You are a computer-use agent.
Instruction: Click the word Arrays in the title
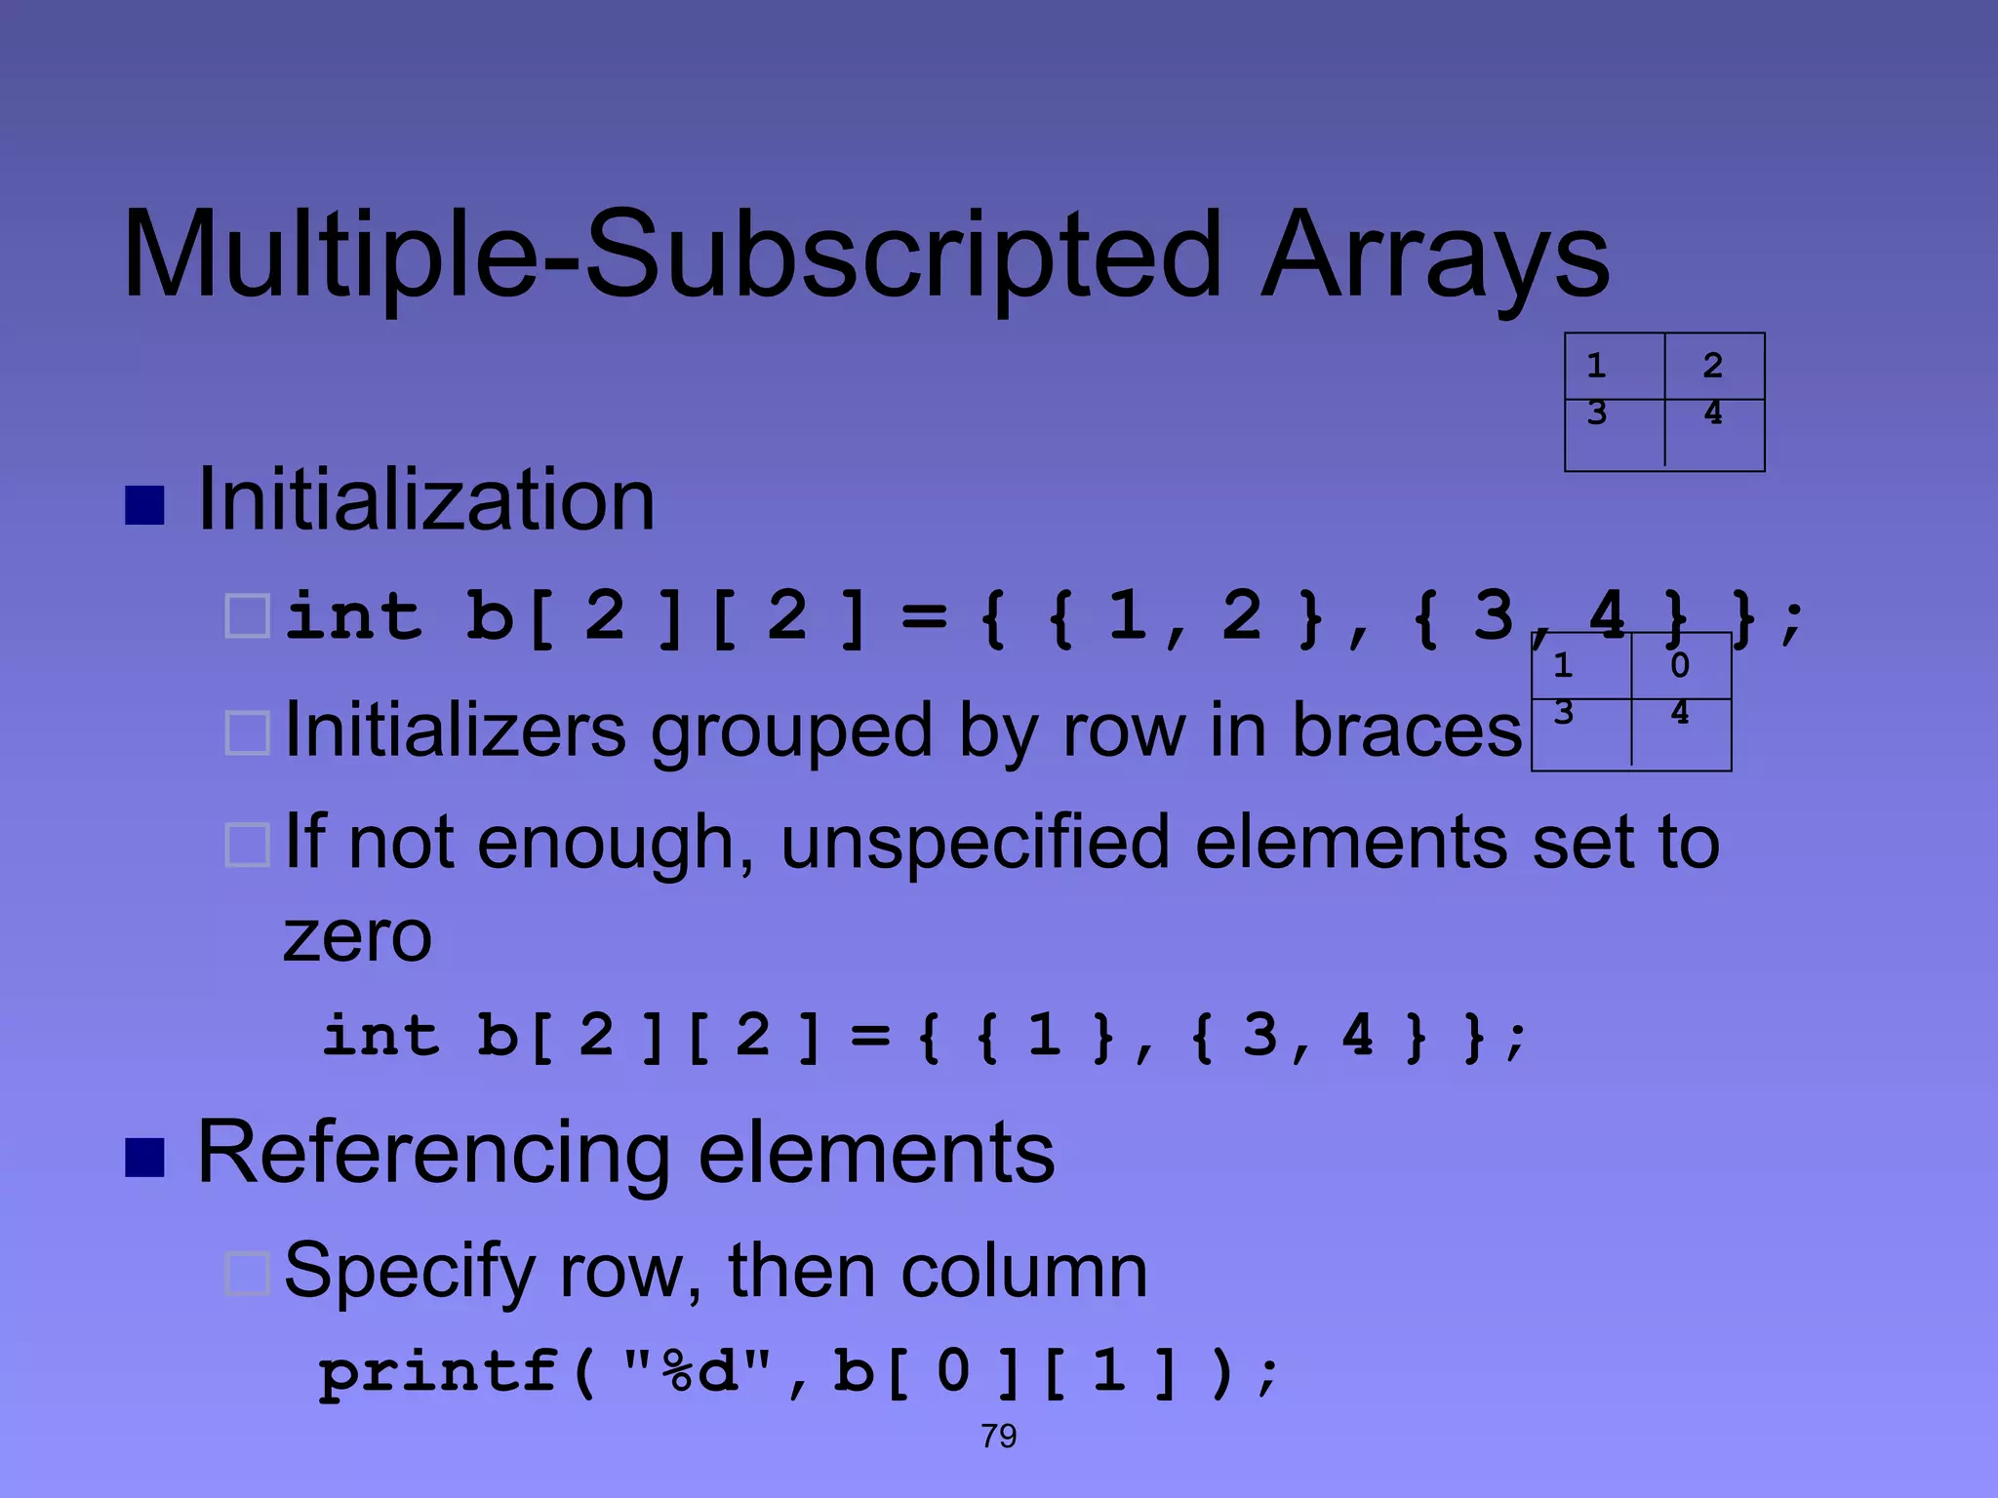[x=1434, y=256]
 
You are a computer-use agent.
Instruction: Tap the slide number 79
[x=998, y=1436]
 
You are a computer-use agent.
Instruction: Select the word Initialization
[x=425, y=500]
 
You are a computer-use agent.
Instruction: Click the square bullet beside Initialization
[x=144, y=505]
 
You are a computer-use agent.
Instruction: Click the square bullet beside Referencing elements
[x=144, y=1158]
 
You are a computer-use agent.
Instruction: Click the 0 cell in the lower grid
[x=1679, y=665]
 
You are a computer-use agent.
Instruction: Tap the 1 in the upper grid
[x=1596, y=366]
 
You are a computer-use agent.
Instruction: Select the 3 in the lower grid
[x=1563, y=713]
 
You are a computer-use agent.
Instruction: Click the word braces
[x=1406, y=731]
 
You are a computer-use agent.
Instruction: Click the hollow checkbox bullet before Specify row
[x=247, y=1274]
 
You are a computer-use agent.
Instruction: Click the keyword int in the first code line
[x=353, y=616]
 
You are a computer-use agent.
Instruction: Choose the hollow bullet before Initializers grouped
[x=247, y=733]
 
